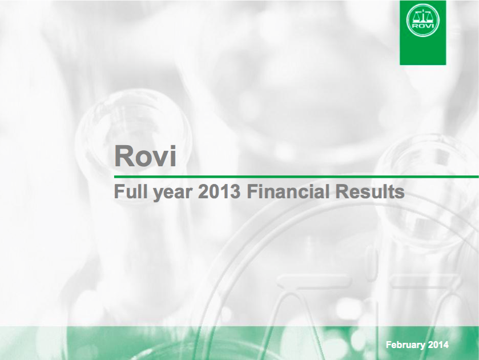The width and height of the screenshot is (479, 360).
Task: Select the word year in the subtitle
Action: pos(173,193)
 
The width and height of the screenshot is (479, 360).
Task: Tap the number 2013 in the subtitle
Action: pos(219,191)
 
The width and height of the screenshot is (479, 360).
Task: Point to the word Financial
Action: pos(288,191)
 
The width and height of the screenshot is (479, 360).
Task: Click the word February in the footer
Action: pos(405,345)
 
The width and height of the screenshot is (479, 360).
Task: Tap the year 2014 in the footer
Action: pos(438,345)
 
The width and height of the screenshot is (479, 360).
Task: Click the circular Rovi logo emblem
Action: pos(423,21)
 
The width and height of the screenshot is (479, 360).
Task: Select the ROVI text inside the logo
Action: pos(423,26)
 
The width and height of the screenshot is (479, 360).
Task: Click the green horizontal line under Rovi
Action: pos(296,177)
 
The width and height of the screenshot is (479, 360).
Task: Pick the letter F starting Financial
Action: pos(251,191)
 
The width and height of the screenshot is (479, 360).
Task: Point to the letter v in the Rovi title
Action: pos(160,158)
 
